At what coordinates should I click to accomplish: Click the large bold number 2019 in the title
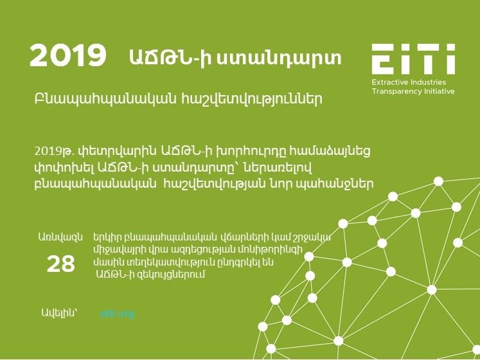click(x=67, y=55)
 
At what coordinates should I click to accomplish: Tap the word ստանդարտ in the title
click(x=279, y=58)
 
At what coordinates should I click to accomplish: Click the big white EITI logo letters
click(x=413, y=59)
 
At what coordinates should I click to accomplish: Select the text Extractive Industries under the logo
click(x=409, y=82)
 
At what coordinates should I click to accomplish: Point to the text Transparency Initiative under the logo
click(x=413, y=91)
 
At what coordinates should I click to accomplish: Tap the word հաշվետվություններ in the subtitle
click(x=252, y=99)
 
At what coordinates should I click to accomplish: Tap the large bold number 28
click(x=60, y=264)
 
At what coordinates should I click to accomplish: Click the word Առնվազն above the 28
click(x=60, y=237)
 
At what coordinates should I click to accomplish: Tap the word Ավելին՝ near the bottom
click(x=59, y=313)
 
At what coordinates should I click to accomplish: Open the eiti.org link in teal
click(x=117, y=314)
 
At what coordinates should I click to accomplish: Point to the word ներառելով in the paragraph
click(x=278, y=168)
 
